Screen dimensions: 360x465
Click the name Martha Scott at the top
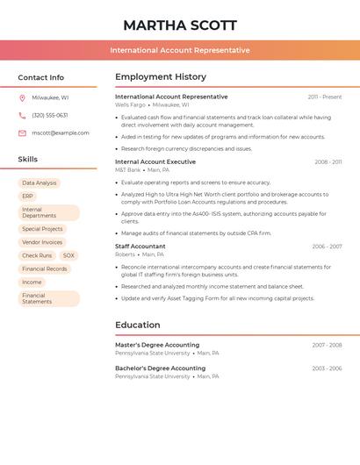179,25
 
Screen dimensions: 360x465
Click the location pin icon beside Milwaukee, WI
22,98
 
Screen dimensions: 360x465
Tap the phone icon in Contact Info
22,116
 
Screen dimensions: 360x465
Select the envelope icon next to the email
22,133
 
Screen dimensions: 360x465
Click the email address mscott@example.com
60,133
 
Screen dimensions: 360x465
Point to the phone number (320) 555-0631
49,116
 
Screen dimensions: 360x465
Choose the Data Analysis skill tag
40,183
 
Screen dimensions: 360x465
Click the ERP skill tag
28,197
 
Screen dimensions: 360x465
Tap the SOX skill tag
68,255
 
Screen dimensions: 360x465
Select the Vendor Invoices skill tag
42,242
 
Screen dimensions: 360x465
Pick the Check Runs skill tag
37,255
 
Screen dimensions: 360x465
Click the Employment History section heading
161,77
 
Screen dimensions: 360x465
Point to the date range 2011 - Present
324,97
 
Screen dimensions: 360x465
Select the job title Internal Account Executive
155,162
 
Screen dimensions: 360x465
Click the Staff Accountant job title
140,247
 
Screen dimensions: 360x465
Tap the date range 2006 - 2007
327,247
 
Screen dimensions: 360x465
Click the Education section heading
137,325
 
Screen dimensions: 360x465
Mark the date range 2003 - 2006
327,368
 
